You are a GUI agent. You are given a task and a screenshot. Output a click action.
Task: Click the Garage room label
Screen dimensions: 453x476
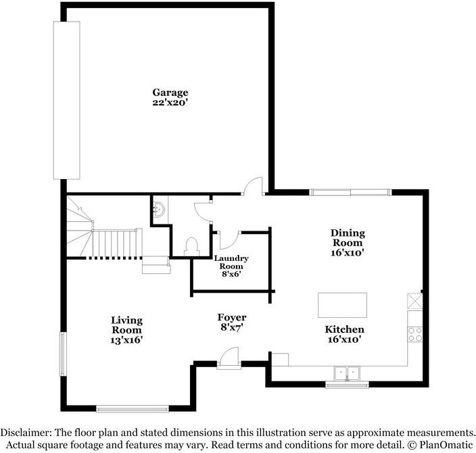[170, 93]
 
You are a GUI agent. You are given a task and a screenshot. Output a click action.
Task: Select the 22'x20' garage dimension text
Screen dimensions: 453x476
[170, 103]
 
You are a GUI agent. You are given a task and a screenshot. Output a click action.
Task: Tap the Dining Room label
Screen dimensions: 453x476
[347, 238]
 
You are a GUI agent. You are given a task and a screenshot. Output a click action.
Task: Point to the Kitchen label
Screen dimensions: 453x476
[345, 329]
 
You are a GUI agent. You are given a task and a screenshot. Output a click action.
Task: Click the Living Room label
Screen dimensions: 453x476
[127, 325]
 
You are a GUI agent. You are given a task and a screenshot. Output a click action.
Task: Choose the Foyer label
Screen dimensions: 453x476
[231, 317]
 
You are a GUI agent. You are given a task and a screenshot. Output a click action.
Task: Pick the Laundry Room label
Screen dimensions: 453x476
[231, 262]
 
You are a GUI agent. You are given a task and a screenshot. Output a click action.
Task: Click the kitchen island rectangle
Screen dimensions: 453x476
[342, 305]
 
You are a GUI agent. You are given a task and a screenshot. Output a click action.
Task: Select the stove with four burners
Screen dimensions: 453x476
[414, 333]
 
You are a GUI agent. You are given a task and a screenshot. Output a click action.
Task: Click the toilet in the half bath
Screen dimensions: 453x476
[191, 245]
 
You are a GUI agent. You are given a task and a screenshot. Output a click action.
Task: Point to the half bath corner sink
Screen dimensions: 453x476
[158, 208]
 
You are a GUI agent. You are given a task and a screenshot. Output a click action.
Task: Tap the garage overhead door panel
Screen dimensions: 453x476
[67, 99]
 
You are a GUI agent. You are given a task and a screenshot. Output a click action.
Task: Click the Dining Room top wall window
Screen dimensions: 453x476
[350, 193]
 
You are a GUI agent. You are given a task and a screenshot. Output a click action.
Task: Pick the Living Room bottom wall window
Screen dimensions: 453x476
[132, 408]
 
